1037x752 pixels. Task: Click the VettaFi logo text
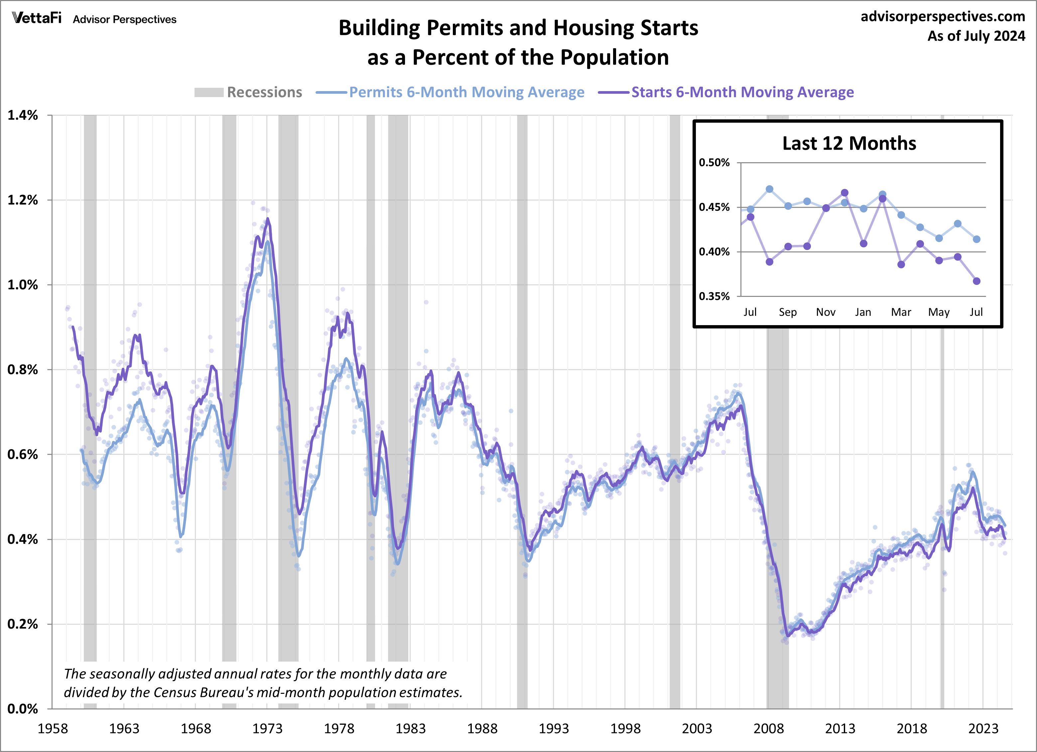(x=37, y=18)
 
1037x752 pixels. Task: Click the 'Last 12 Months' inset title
(x=849, y=144)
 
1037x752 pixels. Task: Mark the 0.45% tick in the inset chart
(x=714, y=207)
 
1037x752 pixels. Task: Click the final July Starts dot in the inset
(x=976, y=281)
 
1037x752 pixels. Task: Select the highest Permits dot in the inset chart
(x=769, y=189)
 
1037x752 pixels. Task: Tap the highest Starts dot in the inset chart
(x=844, y=193)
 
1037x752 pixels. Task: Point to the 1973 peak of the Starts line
(x=268, y=219)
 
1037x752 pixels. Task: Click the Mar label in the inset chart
(x=901, y=312)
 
